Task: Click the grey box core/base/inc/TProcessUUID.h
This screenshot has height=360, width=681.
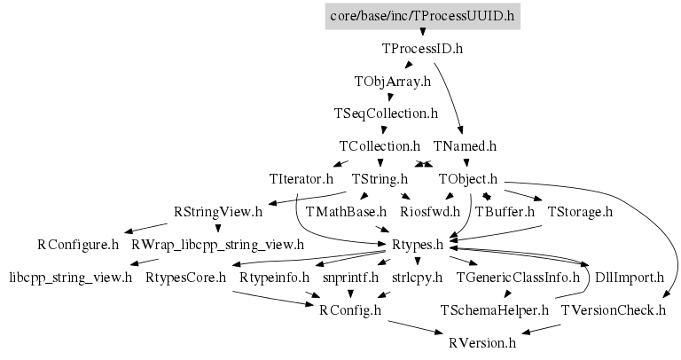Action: (x=422, y=16)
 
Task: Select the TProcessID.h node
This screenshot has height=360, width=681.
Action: (x=422, y=49)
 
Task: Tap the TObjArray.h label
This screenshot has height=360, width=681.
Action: (x=392, y=82)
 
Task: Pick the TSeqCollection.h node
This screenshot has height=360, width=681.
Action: (x=386, y=113)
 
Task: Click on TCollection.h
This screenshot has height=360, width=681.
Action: (x=380, y=145)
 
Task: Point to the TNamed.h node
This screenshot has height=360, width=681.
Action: (x=465, y=145)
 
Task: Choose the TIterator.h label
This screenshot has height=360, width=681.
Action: (x=301, y=178)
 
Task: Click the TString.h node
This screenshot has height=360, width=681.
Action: (x=380, y=178)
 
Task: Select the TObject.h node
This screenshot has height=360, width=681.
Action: (x=468, y=178)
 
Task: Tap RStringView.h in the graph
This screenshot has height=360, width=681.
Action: (x=218, y=211)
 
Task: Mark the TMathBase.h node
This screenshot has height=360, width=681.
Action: (x=346, y=211)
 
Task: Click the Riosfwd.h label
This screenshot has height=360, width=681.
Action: (x=430, y=211)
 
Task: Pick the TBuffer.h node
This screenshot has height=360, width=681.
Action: (x=505, y=211)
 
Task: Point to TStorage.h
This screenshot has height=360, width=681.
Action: (x=581, y=211)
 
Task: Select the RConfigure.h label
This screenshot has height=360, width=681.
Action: (x=77, y=244)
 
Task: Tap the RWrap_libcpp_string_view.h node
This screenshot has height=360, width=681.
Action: (x=217, y=244)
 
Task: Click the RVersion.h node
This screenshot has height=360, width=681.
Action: (x=481, y=341)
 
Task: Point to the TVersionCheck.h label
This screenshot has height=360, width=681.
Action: (x=613, y=309)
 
